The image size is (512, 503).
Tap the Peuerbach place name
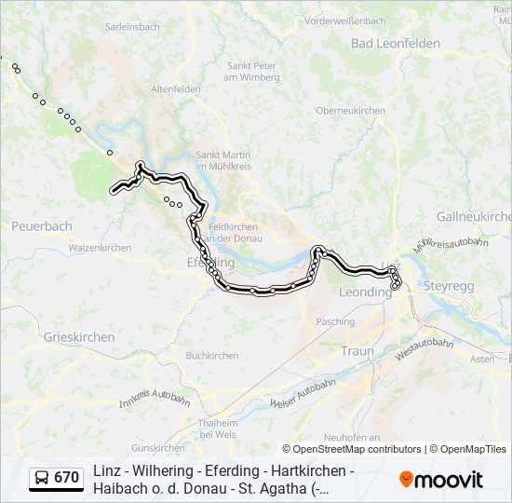[x=42, y=226]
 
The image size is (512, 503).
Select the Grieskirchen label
[x=78, y=336]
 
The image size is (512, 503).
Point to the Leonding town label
[x=365, y=292]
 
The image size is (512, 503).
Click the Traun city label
[x=357, y=351]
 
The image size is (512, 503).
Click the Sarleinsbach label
[x=135, y=28]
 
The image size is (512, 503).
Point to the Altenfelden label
[x=176, y=88]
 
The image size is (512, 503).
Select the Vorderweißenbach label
[x=344, y=20]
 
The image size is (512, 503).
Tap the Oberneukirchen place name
[x=350, y=110]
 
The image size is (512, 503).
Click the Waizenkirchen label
[x=100, y=248]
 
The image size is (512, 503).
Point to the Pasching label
[x=335, y=321]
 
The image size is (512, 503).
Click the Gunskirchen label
[x=158, y=448]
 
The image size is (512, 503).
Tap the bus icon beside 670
[x=42, y=478]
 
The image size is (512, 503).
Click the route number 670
[x=66, y=478]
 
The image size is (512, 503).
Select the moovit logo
[x=441, y=479]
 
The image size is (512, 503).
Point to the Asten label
[x=482, y=359]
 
